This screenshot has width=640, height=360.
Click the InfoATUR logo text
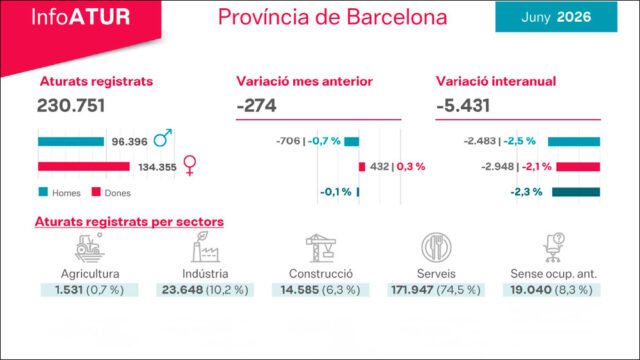(81, 17)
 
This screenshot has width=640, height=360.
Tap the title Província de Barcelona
(332, 17)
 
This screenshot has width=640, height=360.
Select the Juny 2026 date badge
(556, 17)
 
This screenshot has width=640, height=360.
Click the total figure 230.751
(71, 105)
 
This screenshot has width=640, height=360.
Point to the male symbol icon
(162, 138)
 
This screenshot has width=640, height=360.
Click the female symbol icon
(190, 165)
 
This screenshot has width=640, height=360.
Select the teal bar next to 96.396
(71, 142)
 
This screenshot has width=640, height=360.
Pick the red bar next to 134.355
(84, 167)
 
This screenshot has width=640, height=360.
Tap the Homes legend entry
(60, 192)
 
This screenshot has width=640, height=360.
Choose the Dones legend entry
(111, 192)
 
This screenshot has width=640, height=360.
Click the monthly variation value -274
(256, 106)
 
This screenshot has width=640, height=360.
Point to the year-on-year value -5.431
(463, 106)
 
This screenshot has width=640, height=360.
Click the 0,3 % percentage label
(411, 167)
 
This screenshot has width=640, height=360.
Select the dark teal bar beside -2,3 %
(576, 192)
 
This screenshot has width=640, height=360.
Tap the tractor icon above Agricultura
(89, 247)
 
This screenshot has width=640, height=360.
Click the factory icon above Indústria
(205, 247)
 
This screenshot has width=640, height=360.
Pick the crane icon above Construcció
(321, 248)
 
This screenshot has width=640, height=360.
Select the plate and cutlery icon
(436, 247)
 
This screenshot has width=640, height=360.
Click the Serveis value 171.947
(412, 290)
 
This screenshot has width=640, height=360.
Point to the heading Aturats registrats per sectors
(129, 222)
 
